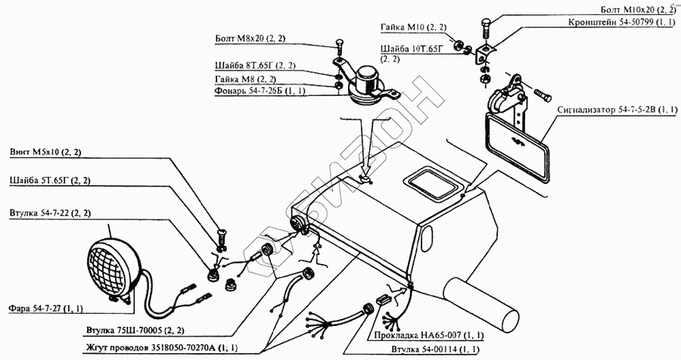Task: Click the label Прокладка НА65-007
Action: pos(424,334)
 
